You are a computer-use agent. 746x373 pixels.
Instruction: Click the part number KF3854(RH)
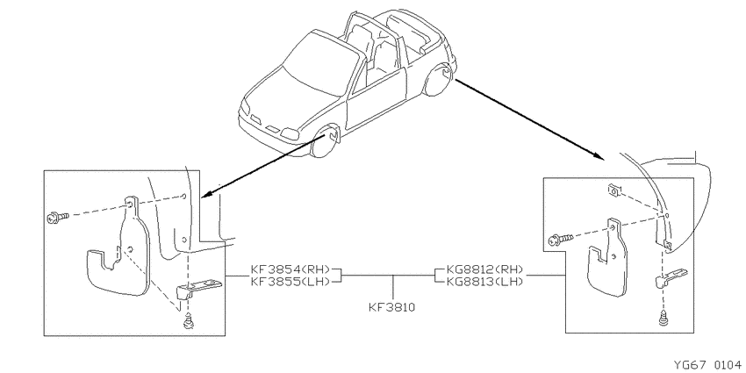coord(291,269)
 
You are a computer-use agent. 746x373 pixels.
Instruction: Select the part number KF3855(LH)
coord(291,281)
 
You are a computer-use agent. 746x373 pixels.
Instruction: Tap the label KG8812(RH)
coord(484,269)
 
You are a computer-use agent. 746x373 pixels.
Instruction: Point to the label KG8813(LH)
coord(484,281)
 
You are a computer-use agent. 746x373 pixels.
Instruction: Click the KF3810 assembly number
coord(392,307)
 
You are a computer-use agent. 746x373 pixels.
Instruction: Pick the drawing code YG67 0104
coord(708,365)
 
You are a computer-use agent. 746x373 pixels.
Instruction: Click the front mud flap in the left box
coord(119,257)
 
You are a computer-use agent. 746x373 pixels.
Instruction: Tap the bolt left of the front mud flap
coord(58,218)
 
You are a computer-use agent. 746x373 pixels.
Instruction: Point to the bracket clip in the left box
coord(197,288)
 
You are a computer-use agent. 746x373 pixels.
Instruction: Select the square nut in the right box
coord(613,191)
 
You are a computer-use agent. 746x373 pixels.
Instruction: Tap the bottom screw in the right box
coord(664,318)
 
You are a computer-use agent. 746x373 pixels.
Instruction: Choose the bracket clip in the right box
coord(671,278)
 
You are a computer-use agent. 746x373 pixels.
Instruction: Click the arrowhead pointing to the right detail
coord(598,156)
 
